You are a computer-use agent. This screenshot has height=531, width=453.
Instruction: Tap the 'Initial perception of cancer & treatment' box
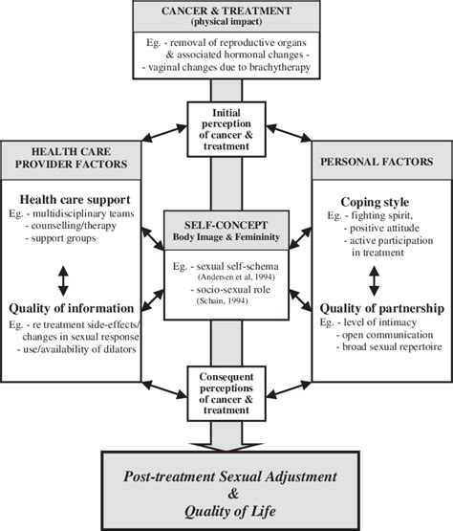(x=226, y=129)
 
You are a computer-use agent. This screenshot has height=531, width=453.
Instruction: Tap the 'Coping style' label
(x=377, y=203)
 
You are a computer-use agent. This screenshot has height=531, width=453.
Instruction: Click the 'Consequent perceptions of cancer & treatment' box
(x=226, y=391)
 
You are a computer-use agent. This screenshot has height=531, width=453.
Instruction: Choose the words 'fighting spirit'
(x=376, y=219)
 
